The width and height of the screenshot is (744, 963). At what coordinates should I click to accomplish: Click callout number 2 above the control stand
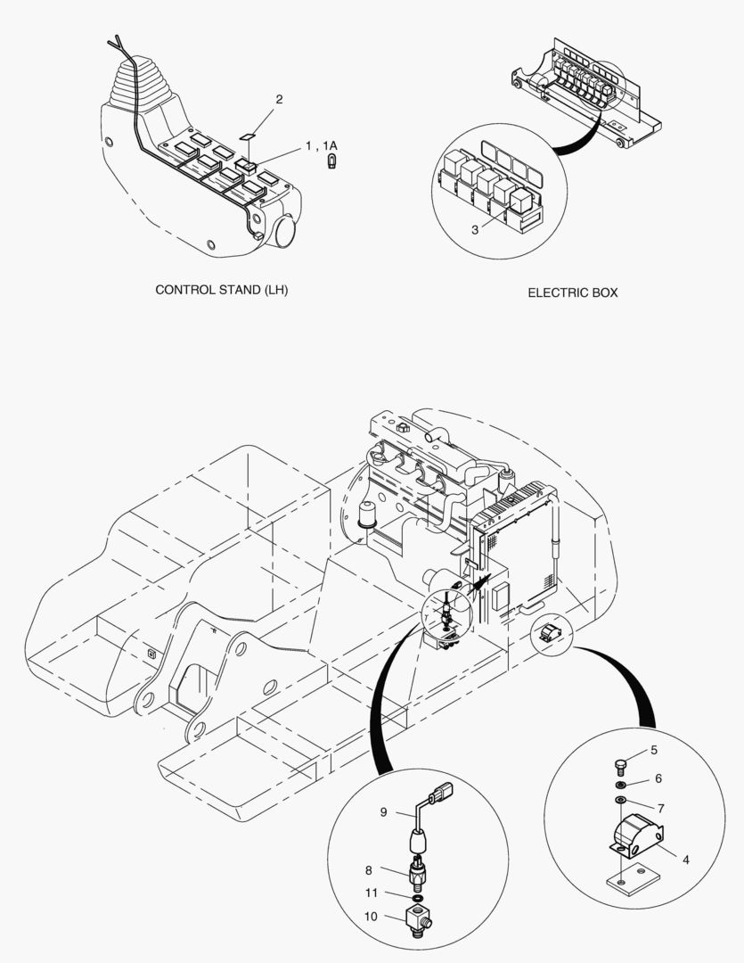pos(279,99)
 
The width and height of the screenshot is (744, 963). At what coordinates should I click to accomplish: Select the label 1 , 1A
pos(321,145)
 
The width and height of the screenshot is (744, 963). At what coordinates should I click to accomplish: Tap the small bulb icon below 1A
pos(331,162)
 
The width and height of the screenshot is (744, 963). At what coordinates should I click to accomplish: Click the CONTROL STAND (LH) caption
pos(222,290)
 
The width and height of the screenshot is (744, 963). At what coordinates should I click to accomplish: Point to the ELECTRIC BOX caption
pos(572,292)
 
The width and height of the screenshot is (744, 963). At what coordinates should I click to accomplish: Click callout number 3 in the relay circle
pos(475,229)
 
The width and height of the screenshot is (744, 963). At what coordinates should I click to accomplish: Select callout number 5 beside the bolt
pos(654,750)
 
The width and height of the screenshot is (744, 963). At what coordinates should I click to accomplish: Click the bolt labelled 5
pos(621,763)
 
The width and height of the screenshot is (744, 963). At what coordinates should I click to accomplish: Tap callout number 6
pos(658,778)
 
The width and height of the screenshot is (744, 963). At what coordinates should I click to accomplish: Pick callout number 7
pos(660,808)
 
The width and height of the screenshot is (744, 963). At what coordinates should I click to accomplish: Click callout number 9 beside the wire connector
pos(383,812)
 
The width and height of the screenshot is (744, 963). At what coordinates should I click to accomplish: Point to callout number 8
pos(367,869)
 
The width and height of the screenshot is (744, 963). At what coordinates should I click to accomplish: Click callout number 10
pos(371,917)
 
